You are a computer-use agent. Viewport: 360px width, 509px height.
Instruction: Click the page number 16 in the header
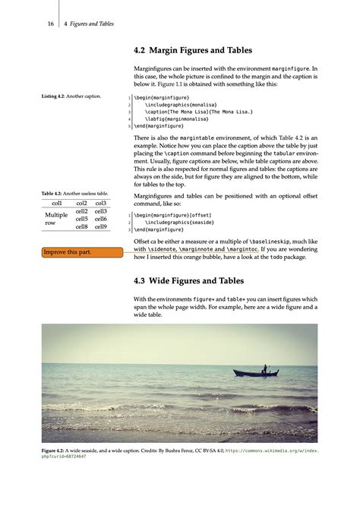coord(50,24)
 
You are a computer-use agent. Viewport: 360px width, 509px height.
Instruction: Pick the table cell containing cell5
coord(81,219)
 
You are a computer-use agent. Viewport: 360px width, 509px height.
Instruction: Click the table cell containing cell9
coord(100,226)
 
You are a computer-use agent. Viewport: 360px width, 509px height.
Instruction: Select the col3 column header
coord(100,203)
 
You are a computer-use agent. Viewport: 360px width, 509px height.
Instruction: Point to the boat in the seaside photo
coord(251,371)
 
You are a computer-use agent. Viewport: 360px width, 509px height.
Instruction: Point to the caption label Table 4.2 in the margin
coord(52,194)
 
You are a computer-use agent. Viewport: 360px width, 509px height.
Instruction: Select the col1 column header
coord(56,203)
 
